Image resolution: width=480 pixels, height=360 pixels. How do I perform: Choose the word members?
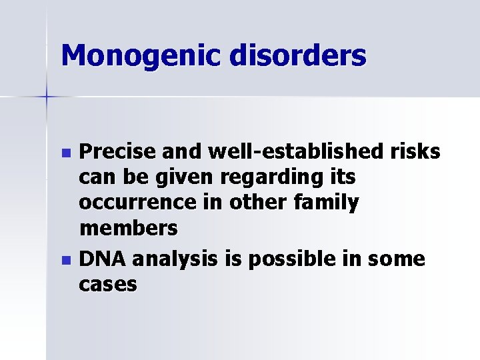[128, 229]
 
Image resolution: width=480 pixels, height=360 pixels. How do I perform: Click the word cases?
[108, 285]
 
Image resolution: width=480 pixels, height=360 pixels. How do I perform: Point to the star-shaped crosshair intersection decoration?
[46, 97]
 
